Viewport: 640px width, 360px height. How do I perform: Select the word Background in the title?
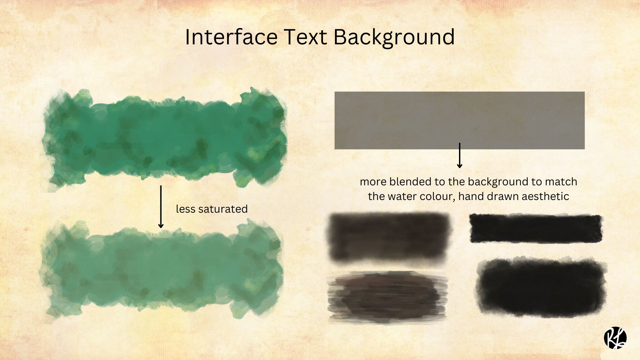pyautogui.click(x=394, y=37)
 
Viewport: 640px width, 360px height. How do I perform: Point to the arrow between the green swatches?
pyautogui.click(x=161, y=207)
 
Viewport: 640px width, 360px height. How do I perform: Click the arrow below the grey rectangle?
pyautogui.click(x=460, y=155)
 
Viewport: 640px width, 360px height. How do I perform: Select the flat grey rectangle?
pyautogui.click(x=459, y=120)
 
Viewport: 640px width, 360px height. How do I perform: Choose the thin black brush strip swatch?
pyautogui.click(x=536, y=229)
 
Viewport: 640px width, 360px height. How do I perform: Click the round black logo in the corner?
pyautogui.click(x=615, y=338)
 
